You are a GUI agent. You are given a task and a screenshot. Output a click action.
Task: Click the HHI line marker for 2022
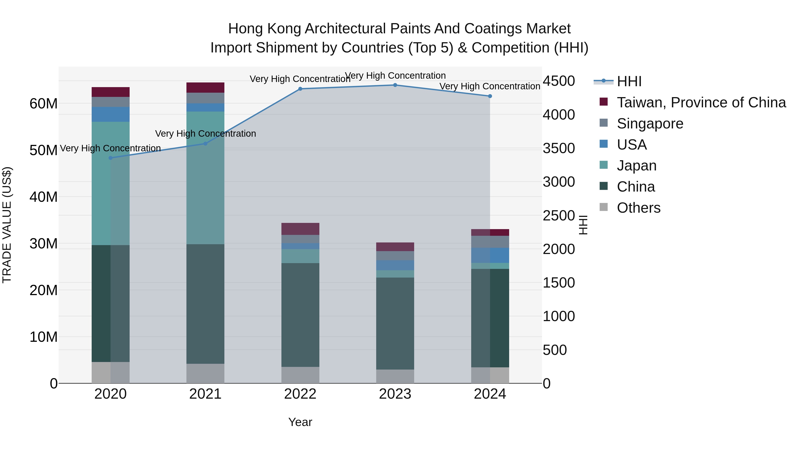300,89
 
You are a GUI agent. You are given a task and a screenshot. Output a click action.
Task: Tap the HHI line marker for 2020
111,158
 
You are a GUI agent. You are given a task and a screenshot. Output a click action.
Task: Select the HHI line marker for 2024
490,96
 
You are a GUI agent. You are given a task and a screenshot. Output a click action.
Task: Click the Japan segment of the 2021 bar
205,178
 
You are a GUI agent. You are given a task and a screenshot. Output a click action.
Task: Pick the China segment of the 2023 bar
395,323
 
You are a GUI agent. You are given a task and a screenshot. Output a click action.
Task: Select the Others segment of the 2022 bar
300,375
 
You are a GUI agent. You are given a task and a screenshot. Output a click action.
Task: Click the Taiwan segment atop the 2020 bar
111,92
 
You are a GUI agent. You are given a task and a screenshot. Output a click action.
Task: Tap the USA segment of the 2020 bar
111,114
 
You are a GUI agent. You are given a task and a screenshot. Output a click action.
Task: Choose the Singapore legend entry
650,124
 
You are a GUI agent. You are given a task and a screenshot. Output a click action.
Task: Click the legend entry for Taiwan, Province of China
701,102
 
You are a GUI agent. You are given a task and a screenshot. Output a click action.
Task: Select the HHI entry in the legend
629,81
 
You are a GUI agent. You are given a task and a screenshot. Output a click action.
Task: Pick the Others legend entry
638,208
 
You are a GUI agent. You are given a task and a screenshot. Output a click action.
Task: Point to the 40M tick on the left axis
44,197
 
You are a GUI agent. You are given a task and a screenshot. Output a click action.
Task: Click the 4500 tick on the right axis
559,81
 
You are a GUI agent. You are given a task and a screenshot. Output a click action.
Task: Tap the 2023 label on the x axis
395,394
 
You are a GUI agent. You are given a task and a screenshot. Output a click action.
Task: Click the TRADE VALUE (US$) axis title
7,225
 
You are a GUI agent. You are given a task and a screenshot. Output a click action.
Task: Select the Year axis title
300,422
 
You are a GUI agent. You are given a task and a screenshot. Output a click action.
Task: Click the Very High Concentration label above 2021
205,134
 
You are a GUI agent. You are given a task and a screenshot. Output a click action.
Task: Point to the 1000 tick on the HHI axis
559,316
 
